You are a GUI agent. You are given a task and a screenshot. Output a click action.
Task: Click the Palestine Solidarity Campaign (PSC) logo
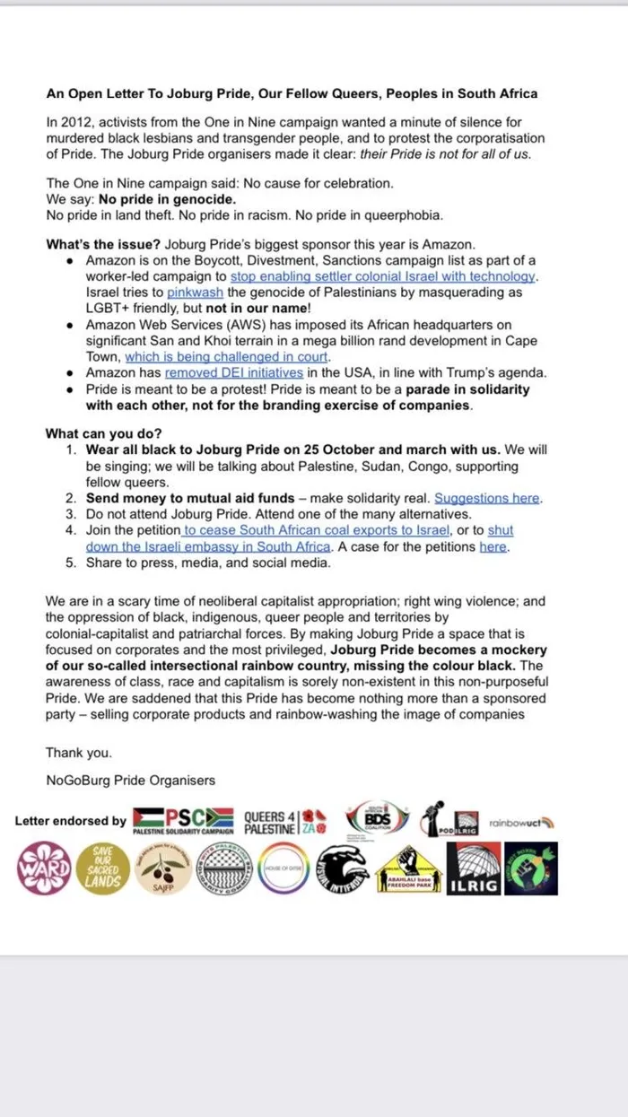click(x=183, y=820)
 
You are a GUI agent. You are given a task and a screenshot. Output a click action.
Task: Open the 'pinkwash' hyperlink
click(x=186, y=293)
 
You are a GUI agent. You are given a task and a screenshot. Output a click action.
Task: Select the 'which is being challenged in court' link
click(x=226, y=356)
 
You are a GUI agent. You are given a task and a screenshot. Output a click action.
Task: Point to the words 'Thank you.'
click(x=79, y=753)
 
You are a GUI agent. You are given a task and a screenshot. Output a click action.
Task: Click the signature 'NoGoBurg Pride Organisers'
click(x=130, y=780)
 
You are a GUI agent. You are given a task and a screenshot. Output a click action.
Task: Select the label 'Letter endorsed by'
click(x=71, y=821)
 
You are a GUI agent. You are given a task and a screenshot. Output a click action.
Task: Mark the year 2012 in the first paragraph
click(x=76, y=122)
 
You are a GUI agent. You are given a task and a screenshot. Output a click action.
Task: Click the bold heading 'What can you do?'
click(x=103, y=434)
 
